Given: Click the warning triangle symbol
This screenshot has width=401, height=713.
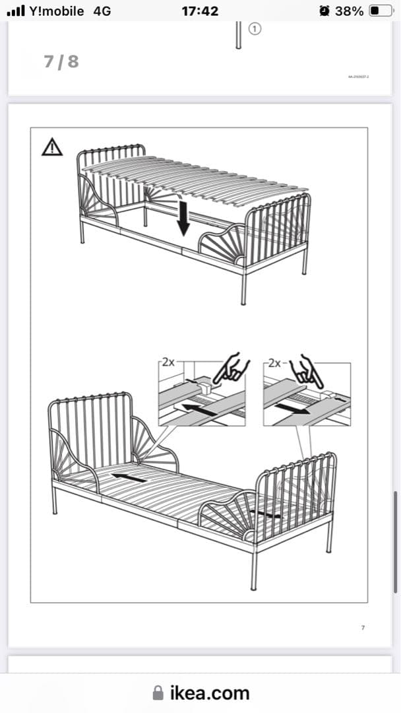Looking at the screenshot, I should pos(52,147).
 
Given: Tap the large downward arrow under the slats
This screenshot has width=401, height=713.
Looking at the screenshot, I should pos(183,219).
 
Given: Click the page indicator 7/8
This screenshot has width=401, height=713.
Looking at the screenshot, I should pos(61,61).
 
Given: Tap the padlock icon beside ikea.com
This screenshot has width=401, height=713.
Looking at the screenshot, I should pos(158,693).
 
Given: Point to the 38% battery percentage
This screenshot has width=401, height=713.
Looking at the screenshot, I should pos(349,11).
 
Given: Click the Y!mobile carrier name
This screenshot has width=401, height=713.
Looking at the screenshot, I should pos(57,11).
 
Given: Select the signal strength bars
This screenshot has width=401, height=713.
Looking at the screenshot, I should pos(15,11).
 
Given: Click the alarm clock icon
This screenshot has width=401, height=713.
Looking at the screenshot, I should pos(323,11).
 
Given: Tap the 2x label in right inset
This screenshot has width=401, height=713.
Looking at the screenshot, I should pos(273,363).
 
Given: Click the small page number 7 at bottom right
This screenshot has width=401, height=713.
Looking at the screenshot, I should pos(363,627).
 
